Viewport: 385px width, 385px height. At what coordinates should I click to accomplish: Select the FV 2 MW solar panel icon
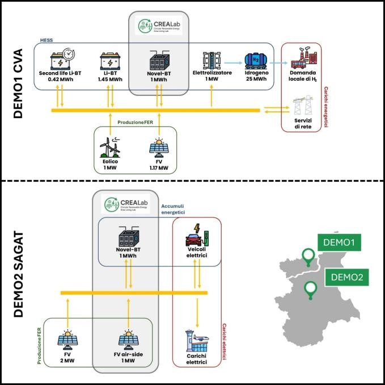[67, 340]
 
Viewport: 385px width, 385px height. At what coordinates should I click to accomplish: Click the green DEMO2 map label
[346, 278]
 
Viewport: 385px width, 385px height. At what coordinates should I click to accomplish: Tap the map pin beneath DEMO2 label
[310, 290]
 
